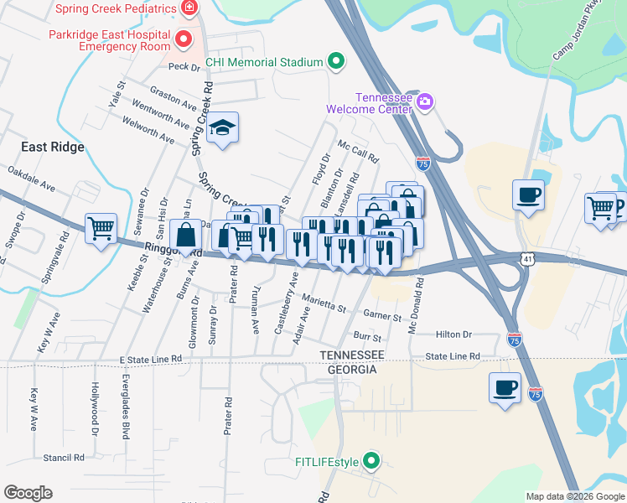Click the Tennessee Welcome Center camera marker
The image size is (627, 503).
coord(425,102)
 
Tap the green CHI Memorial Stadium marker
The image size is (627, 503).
coord(336,61)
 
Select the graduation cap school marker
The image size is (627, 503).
coord(222,128)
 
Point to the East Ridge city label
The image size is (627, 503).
coord(53,147)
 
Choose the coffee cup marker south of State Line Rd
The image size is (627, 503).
coord(505,388)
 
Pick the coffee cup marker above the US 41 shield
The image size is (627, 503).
coord(528,195)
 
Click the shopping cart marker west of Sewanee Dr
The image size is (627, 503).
coord(101,226)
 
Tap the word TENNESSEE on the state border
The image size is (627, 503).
coord(351,355)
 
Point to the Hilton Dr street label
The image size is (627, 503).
coord(454,334)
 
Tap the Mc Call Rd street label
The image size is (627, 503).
coord(359,152)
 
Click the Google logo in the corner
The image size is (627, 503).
coord(28,493)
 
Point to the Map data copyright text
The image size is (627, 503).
coord(575,496)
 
